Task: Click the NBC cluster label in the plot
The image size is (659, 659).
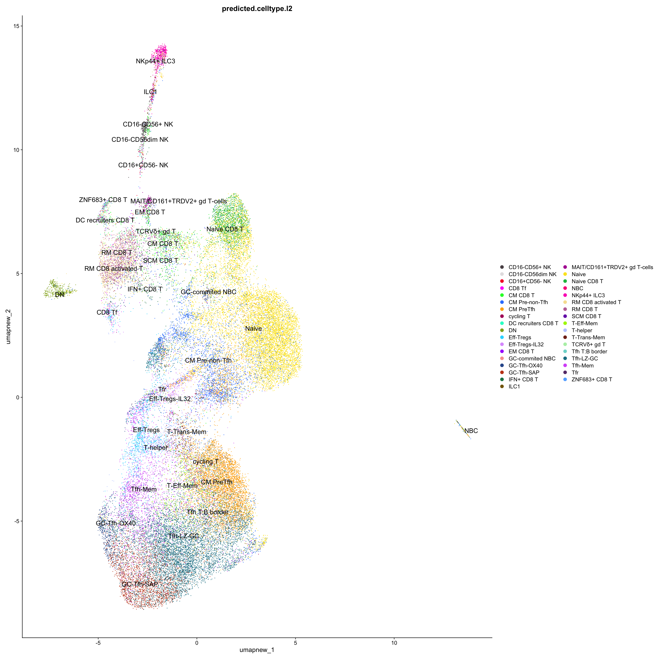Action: [471, 431]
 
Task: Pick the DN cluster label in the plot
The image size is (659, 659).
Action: [60, 294]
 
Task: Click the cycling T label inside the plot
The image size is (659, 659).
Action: [205, 461]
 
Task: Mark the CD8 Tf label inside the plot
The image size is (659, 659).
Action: [107, 312]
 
